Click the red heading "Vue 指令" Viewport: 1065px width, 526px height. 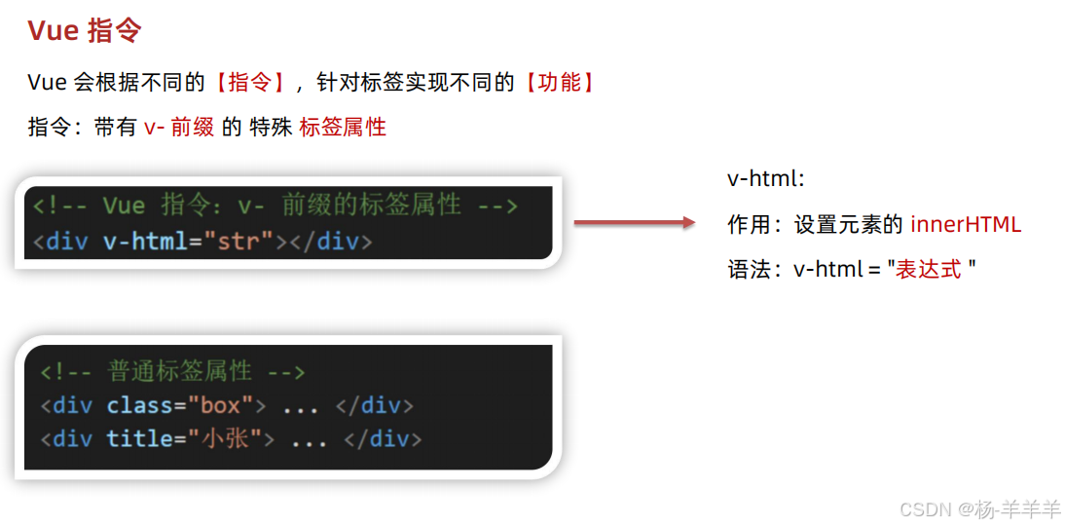pyautogui.click(x=85, y=30)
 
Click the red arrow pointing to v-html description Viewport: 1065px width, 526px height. pyautogui.click(x=635, y=223)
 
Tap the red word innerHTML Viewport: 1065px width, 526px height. pyautogui.click(x=966, y=225)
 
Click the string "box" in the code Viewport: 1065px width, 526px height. pyautogui.click(x=221, y=405)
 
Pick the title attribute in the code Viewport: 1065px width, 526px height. pyautogui.click(x=139, y=439)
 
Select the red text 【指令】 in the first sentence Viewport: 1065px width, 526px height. pyautogui.click(x=248, y=83)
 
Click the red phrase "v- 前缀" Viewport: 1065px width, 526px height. pyautogui.click(x=179, y=128)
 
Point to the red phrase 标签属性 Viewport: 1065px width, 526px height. pyautogui.click(x=343, y=128)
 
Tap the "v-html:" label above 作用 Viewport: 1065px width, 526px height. pyautogui.click(x=766, y=179)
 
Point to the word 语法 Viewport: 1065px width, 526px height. pyautogui.click(x=749, y=270)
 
